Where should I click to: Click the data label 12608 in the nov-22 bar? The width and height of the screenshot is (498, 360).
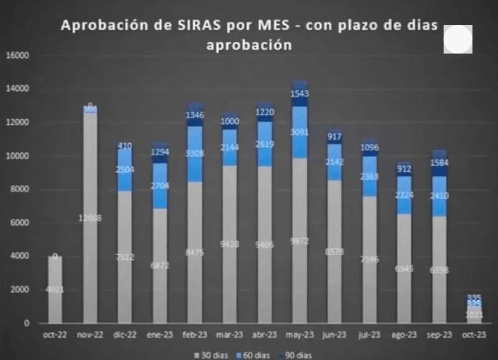point(90,217)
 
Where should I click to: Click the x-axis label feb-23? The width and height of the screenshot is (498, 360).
point(195,334)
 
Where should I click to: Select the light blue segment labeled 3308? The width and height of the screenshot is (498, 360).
point(195,154)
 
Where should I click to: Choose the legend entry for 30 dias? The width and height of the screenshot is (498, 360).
point(212,354)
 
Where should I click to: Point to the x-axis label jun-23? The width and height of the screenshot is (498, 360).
point(335,334)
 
